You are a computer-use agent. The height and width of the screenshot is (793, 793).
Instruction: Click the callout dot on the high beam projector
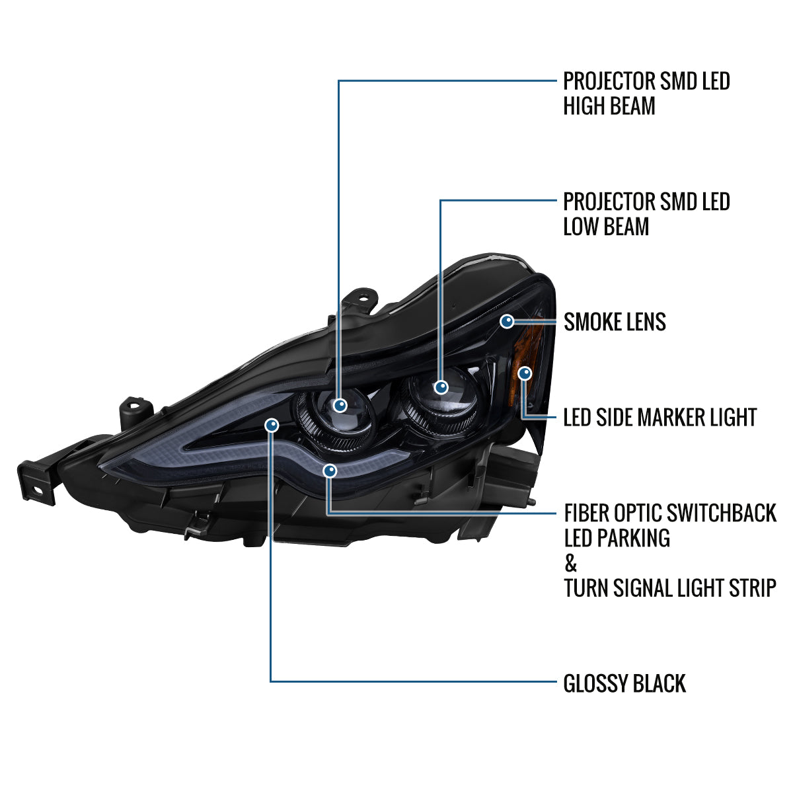coord(340,405)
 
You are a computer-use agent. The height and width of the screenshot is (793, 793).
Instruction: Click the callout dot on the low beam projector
coord(441,387)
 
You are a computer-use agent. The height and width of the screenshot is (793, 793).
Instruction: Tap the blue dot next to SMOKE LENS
coord(507,321)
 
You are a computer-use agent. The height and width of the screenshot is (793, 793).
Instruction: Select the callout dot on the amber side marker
coord(525,373)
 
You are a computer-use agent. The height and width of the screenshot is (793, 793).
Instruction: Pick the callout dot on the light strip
coord(330,471)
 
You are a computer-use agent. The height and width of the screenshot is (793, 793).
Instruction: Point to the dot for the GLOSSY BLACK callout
coord(272,425)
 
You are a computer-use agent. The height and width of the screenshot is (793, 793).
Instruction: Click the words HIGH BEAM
coord(609,106)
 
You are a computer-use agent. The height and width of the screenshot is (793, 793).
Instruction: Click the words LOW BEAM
coord(606,227)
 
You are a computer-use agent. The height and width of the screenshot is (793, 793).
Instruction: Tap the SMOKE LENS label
coord(615,322)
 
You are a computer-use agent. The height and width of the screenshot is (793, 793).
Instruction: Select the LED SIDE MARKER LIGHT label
coord(660,417)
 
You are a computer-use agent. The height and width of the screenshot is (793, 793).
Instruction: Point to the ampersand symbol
coord(570,562)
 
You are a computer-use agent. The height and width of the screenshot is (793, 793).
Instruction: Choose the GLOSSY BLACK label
coord(624,683)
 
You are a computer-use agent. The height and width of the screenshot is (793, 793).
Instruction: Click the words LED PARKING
coord(617,537)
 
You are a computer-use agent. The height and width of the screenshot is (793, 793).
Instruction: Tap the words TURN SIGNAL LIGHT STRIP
coord(670,587)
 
